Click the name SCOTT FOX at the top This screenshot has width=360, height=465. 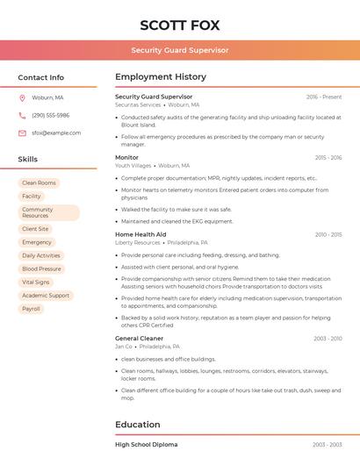pyautogui.click(x=180, y=25)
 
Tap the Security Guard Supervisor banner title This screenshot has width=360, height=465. pyautogui.click(x=180, y=50)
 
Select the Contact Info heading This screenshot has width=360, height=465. pyautogui.click(x=41, y=77)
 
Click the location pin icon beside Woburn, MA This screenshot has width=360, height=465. pyautogui.click(x=22, y=98)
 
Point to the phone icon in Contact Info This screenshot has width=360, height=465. pyautogui.click(x=22, y=116)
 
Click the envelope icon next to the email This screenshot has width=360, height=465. pyautogui.click(x=22, y=133)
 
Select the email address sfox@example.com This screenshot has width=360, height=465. pyautogui.click(x=56, y=133)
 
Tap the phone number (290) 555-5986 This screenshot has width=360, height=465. pyautogui.click(x=50, y=116)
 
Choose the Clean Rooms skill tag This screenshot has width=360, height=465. pyautogui.click(x=39, y=183)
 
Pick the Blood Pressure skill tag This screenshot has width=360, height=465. pyautogui.click(x=41, y=268)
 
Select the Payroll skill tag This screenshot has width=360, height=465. pyautogui.click(x=32, y=309)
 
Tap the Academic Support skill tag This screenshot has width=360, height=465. pyautogui.click(x=46, y=296)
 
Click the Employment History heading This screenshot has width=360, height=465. pyautogui.click(x=161, y=77)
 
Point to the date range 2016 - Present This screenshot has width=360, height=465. pyautogui.click(x=324, y=97)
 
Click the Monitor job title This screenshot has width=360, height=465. pyautogui.click(x=126, y=158)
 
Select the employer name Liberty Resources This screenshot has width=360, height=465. pyautogui.click(x=137, y=243)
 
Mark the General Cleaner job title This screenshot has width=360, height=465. pyautogui.click(x=139, y=338)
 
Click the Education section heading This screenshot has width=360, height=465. pyautogui.click(x=138, y=425)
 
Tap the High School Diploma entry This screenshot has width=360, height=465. pyautogui.click(x=146, y=445)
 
